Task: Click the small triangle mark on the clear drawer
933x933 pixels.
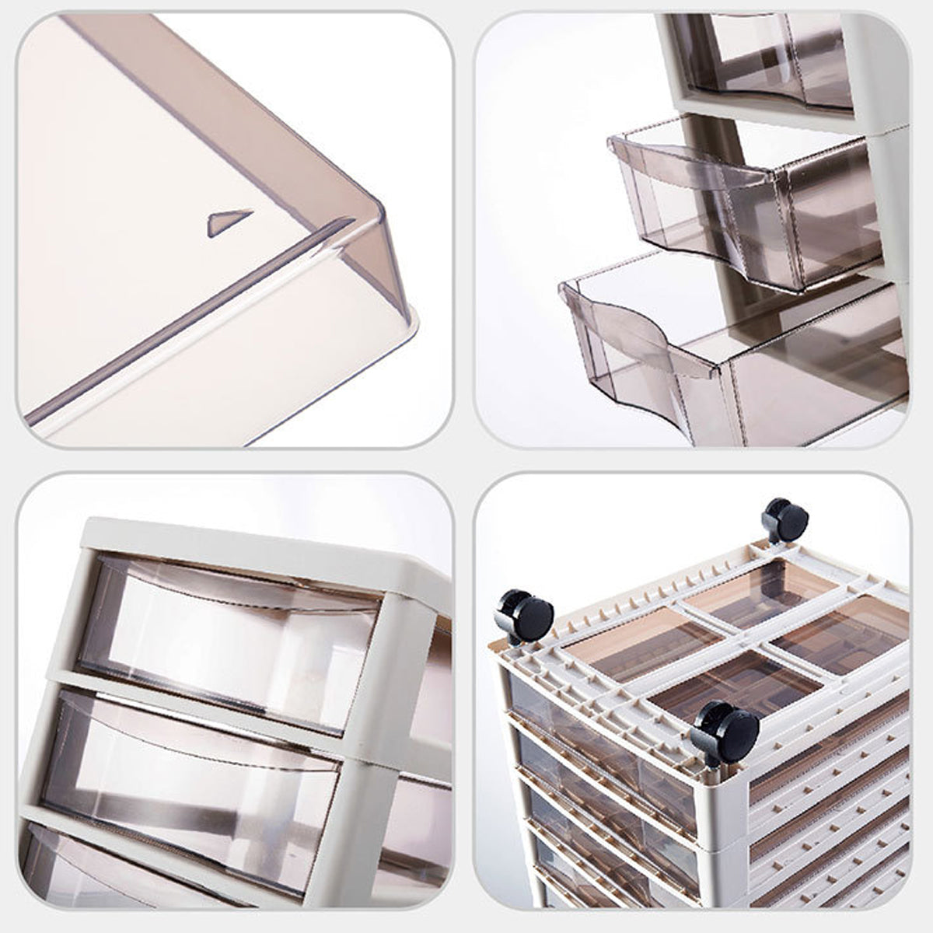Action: point(230,223)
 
